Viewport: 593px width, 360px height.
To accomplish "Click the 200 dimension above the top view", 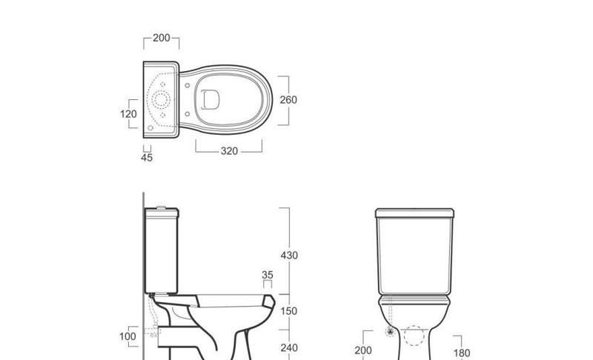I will (161, 38).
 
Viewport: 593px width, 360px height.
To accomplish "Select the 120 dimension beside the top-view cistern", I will (129, 114).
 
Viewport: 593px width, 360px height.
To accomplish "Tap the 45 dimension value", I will (147, 157).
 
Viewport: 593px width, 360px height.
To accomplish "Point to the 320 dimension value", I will (229, 151).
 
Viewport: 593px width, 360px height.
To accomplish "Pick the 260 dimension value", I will (288, 100).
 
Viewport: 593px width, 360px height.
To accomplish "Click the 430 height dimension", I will (289, 256).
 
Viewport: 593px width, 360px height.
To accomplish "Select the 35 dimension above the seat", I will (268, 276).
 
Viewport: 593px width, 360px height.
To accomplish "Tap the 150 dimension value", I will (289, 311).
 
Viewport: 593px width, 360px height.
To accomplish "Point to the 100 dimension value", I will (127, 337).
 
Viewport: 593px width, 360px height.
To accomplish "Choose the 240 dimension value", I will (289, 347).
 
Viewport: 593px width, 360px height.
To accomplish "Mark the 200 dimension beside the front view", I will (363, 350).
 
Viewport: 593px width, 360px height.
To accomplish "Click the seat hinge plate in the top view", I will (210, 99).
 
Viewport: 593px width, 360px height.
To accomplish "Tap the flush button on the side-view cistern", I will (159, 206).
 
